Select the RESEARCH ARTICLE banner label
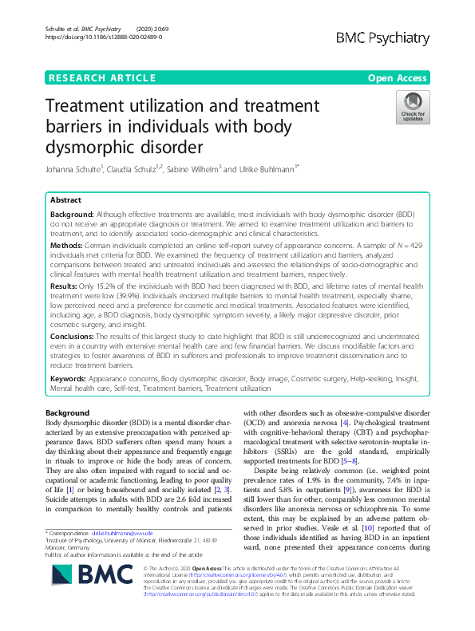tap(102, 77)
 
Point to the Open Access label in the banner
tap(398, 77)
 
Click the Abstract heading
tap(66, 200)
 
